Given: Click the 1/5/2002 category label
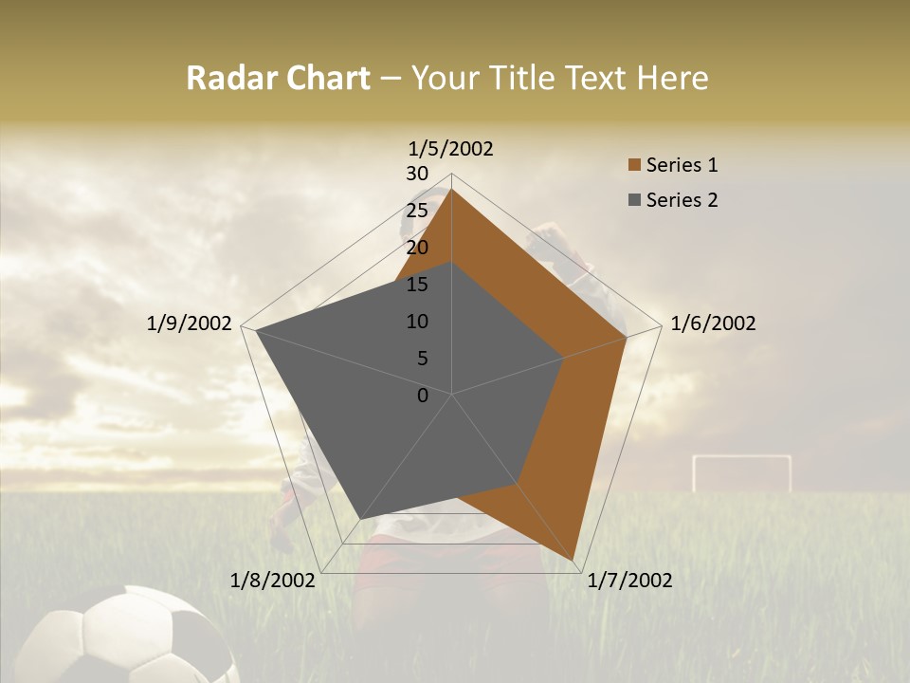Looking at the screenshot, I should [x=450, y=148].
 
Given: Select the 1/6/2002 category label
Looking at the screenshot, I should [x=713, y=323].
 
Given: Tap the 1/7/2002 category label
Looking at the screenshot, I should [x=629, y=581].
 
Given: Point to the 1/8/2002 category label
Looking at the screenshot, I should [x=272, y=581].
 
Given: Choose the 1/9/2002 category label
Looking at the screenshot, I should [x=189, y=323].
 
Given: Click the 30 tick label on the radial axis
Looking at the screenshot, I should [x=416, y=174].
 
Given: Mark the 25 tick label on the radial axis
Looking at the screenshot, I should [x=416, y=211].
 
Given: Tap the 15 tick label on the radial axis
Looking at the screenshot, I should [x=416, y=285].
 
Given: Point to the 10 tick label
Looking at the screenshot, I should [x=416, y=322].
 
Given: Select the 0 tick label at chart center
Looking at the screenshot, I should [x=423, y=396].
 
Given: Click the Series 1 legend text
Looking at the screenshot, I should [x=682, y=165].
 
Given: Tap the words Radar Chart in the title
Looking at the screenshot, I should [x=278, y=78].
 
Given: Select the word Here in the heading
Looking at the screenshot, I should [x=673, y=78].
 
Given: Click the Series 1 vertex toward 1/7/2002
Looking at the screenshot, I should [x=575, y=560].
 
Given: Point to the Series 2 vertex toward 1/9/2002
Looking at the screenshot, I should [x=257, y=331].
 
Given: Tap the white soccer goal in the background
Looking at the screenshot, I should [x=741, y=471].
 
